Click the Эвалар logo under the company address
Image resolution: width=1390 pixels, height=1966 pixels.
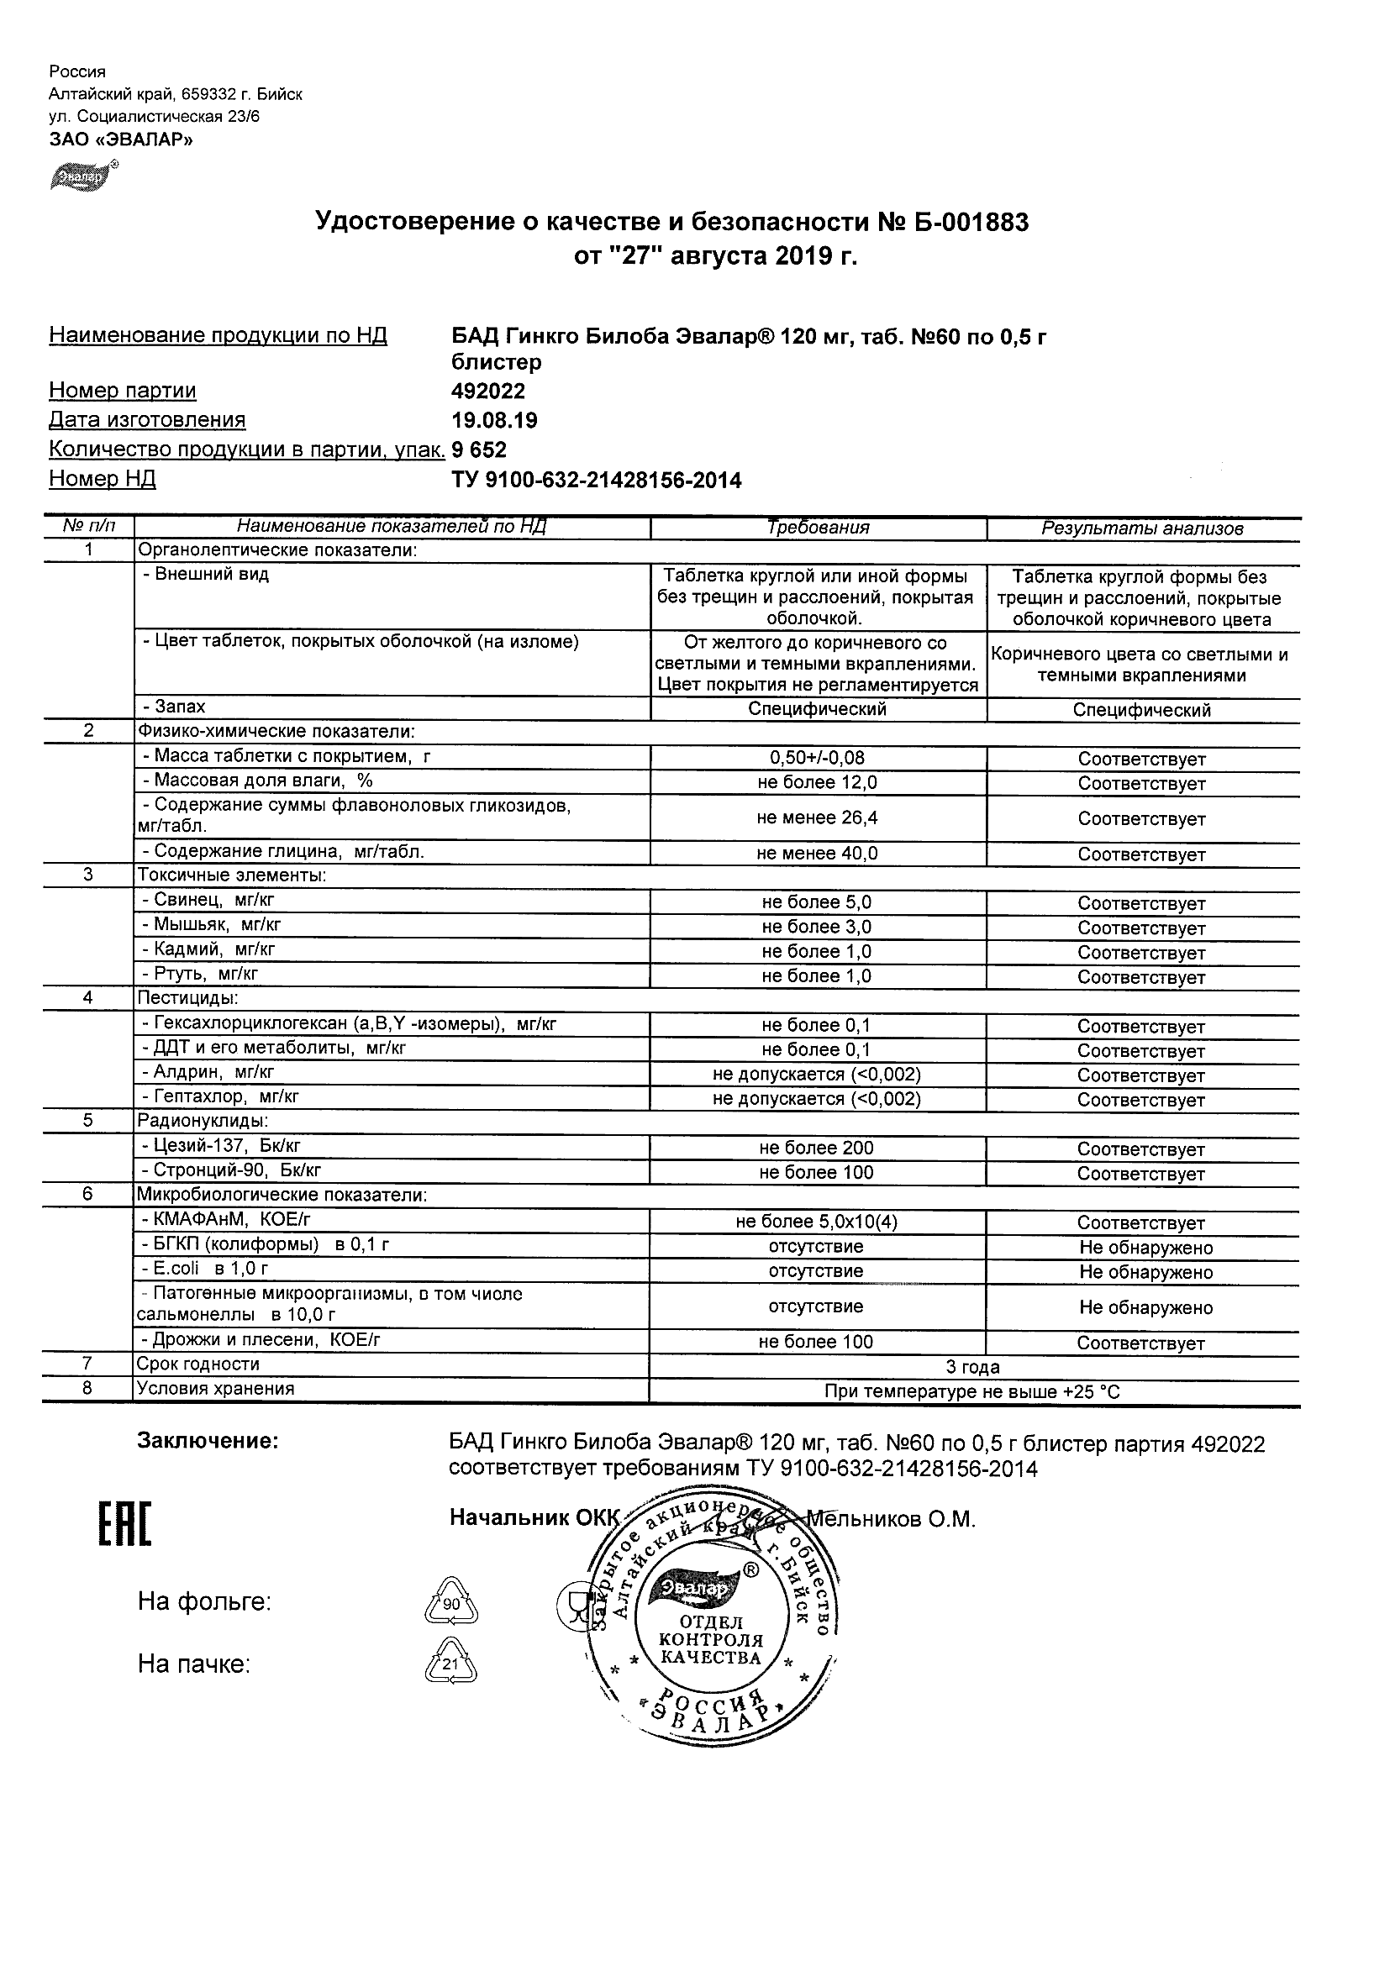coord(84,175)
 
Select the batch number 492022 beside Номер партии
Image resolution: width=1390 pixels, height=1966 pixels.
coord(488,392)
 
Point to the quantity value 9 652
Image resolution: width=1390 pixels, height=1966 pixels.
coord(480,449)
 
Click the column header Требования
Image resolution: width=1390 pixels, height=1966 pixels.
coord(818,528)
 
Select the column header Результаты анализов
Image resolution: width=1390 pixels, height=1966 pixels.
coord(1141,529)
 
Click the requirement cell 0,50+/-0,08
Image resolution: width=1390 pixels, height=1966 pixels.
coord(817,758)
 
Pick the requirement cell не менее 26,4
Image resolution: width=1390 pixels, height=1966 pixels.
coord(817,817)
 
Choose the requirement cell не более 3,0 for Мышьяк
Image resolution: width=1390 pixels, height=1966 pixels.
coord(817,928)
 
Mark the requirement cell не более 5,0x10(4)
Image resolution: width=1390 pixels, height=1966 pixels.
coord(817,1222)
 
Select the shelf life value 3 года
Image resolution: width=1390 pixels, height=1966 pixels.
coord(972,1367)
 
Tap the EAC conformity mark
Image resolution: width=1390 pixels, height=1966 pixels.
coord(125,1525)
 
